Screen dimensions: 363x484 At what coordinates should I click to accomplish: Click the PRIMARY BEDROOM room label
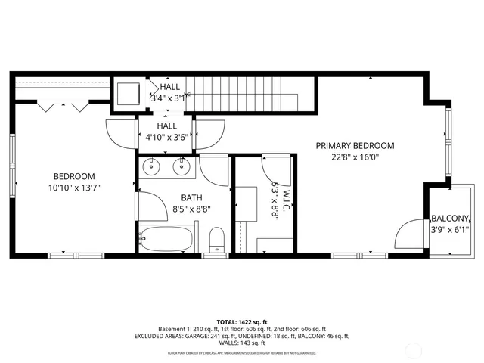pos(355,146)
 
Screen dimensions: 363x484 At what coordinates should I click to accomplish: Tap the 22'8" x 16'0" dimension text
pos(355,158)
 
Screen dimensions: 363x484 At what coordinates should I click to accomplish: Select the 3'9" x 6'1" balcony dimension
pos(450,229)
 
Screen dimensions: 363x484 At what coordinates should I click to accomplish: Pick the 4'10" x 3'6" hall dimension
pos(166,138)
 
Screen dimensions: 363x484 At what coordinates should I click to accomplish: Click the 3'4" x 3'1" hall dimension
pos(169,98)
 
